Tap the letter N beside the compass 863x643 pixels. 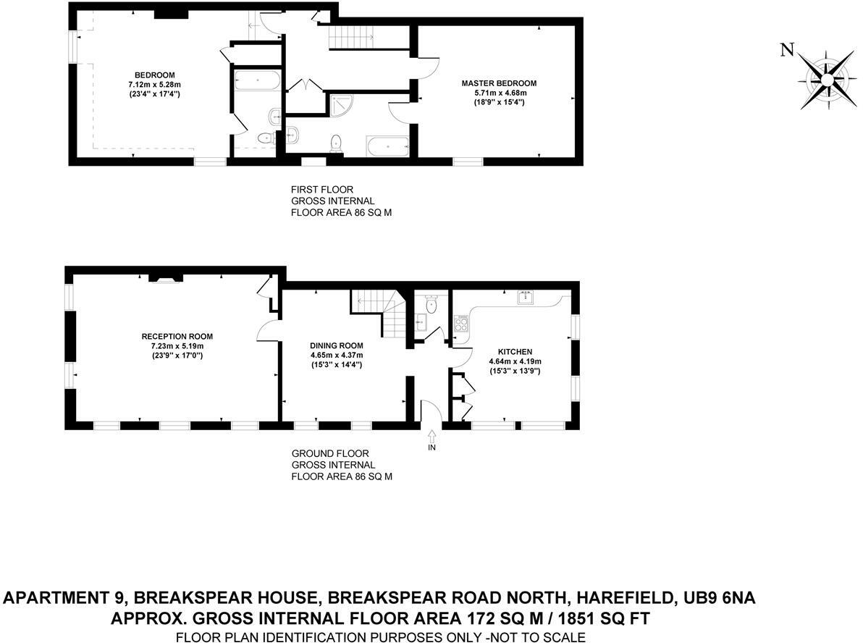(x=786, y=49)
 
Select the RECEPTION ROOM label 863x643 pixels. (x=177, y=337)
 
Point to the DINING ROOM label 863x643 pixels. (x=336, y=345)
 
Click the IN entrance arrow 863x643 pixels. (x=432, y=437)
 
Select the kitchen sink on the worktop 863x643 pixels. (x=526, y=297)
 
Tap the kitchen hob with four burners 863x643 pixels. (x=461, y=323)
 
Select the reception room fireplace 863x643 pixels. (x=167, y=277)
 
